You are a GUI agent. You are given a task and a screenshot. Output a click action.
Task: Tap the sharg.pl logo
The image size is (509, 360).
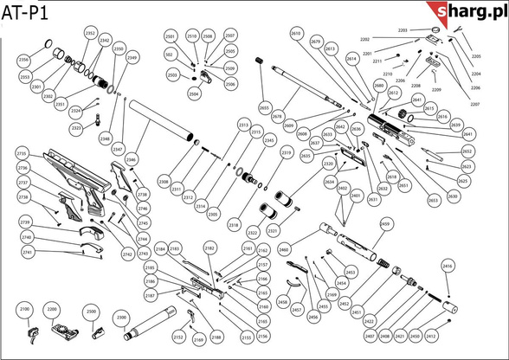[470, 12]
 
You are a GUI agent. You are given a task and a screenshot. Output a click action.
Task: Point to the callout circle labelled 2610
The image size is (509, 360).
[297, 33]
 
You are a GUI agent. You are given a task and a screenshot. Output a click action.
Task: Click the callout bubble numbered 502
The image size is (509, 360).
[169, 55]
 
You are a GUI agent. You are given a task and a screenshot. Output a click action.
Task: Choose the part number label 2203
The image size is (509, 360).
[403, 30]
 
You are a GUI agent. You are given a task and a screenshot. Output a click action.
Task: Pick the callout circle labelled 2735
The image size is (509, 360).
[23, 152]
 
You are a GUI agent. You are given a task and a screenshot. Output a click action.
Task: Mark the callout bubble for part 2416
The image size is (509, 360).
[448, 268]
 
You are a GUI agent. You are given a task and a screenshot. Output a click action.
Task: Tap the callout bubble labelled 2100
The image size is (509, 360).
[24, 309]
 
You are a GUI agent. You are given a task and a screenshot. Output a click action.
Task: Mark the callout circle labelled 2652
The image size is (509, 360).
[467, 151]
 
